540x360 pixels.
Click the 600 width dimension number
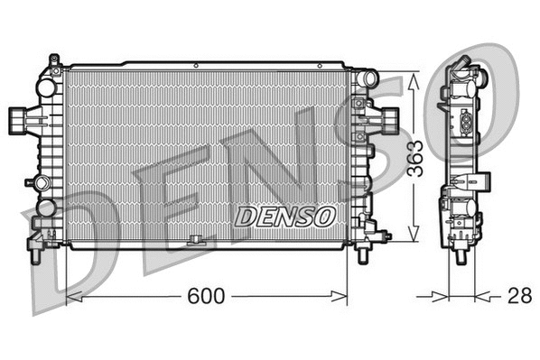coord(208,296)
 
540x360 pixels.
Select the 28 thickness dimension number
coord(517,295)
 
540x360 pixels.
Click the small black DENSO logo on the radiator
coord(284,217)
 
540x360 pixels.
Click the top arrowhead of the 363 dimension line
coord(414,78)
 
